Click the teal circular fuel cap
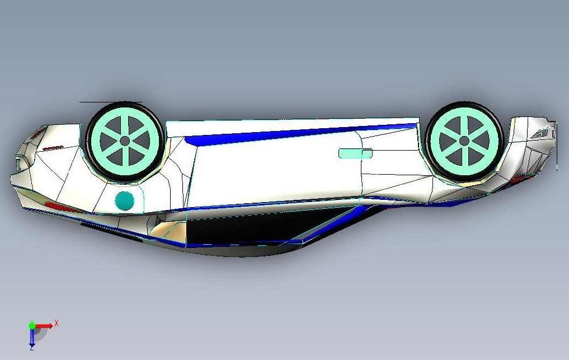click(124, 201)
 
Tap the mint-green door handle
click(355, 153)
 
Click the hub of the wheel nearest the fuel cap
click(125, 141)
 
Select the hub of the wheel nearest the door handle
click(464, 141)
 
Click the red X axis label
click(57, 323)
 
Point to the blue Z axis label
click(32, 348)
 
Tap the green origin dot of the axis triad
click(32, 325)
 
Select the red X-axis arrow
click(44, 326)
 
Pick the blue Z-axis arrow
click(32, 336)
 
